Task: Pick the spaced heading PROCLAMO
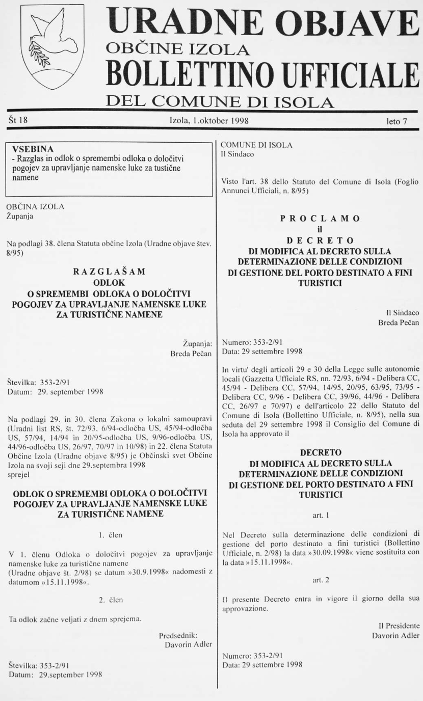point(321,218)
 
